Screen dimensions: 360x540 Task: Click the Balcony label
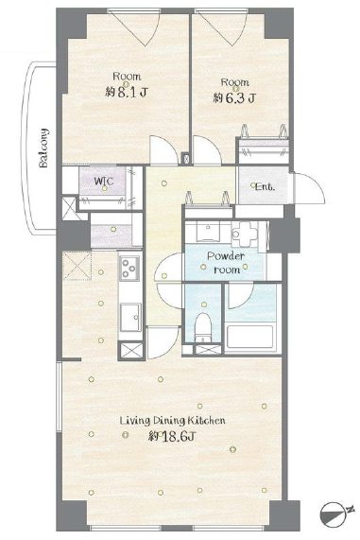pos(43,148)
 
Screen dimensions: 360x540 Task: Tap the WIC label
pos(104,181)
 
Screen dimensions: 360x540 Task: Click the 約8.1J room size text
pos(127,93)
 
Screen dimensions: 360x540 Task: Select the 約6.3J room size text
pos(234,98)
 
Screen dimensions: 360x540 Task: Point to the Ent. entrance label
pos(265,187)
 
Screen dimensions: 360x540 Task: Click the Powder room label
pos(226,262)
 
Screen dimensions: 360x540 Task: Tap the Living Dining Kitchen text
pos(172,421)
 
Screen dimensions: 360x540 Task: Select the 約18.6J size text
pos(172,437)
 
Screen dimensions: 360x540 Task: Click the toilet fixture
pos(203,327)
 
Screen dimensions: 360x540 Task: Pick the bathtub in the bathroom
pos(250,337)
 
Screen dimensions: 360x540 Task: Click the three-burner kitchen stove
pos(129,269)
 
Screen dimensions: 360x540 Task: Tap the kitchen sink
pos(130,317)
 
